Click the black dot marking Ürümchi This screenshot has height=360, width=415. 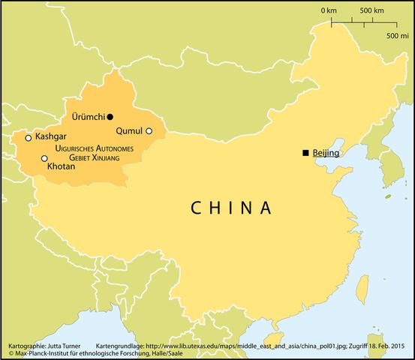(x=110, y=117)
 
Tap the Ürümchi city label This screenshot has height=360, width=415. (x=88, y=117)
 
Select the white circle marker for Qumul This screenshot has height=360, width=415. (x=149, y=131)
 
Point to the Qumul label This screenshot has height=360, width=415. (x=128, y=130)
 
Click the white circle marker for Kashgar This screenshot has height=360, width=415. (x=29, y=138)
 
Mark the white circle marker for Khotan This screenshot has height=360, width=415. (x=44, y=158)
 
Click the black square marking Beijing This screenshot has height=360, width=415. (x=305, y=153)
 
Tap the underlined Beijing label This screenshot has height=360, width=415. (x=326, y=153)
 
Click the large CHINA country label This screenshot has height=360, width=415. (x=230, y=207)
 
